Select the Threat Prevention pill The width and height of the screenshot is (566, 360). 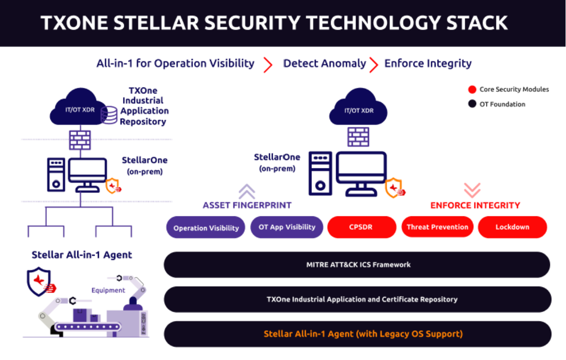[x=437, y=227]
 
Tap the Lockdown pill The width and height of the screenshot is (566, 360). [x=512, y=227]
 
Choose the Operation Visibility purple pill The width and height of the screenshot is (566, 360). [x=206, y=228]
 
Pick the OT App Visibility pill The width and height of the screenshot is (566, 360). [x=287, y=227]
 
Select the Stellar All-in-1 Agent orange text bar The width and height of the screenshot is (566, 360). [x=363, y=334]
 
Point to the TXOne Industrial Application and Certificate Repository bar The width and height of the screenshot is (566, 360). [x=357, y=299]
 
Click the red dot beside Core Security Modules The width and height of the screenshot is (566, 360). [x=472, y=89]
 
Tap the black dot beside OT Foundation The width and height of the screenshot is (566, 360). [x=472, y=104]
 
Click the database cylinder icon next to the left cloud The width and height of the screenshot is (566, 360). [x=109, y=115]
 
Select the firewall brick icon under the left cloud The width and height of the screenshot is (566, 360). [x=80, y=140]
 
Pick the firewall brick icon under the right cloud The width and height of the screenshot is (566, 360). [x=358, y=137]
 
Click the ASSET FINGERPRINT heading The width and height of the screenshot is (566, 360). [x=247, y=205]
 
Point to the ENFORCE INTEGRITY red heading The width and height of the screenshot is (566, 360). [x=475, y=205]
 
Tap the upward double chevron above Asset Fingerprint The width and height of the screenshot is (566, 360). [x=247, y=190]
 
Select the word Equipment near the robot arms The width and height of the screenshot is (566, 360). [x=108, y=290]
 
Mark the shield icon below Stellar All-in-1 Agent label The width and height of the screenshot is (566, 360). [x=39, y=281]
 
